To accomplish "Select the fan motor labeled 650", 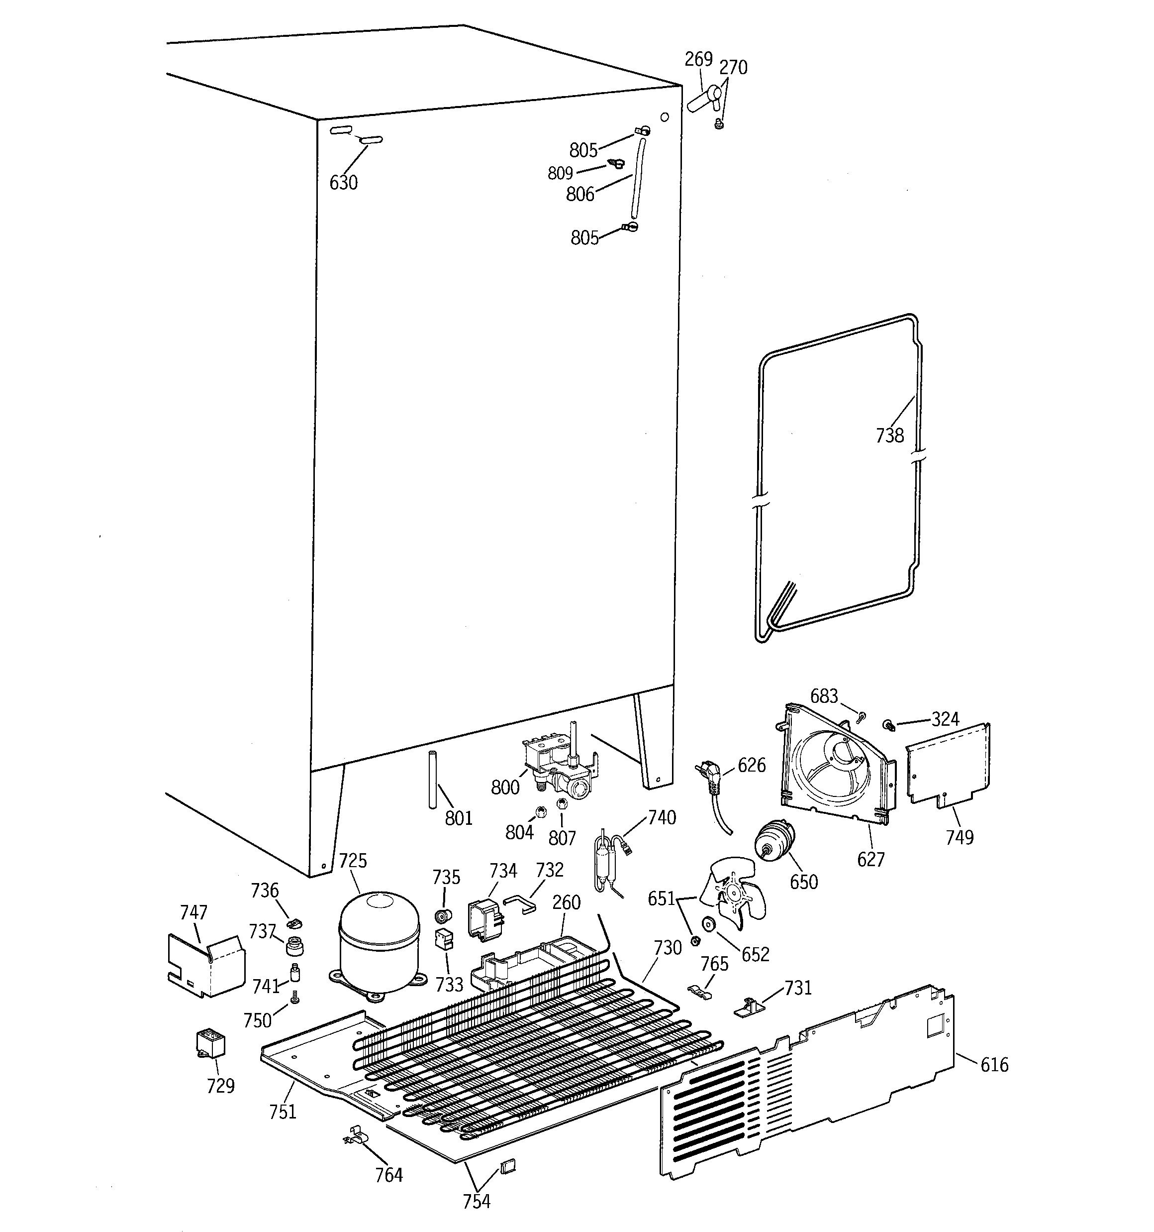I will [773, 843].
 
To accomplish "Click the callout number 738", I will [889, 436].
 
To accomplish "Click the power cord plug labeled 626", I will [710, 780].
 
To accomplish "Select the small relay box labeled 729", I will [210, 1043].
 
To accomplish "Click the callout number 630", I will [343, 183].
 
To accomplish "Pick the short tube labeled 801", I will [432, 780].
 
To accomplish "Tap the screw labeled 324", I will [889, 724].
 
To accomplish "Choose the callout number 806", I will [580, 195].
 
